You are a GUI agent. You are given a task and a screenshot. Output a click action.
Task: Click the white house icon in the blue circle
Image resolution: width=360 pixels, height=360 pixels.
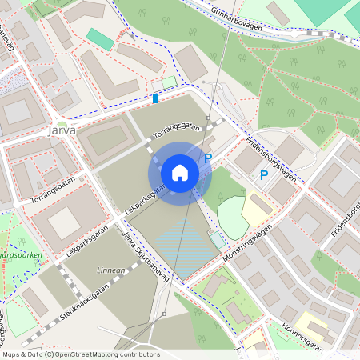coord(179,172)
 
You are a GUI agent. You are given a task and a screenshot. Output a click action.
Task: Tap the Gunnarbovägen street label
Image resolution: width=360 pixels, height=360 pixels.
coord(241,17)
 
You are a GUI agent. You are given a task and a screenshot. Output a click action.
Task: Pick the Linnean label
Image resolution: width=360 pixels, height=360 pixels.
coord(110,271)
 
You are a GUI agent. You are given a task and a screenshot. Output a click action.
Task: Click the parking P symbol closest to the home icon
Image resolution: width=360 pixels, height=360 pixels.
coord(207,158)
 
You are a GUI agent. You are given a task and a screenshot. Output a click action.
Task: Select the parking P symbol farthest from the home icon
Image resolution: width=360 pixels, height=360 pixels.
coord(262,174)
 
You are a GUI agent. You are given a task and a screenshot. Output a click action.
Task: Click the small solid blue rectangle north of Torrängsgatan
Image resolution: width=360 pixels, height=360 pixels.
coord(155,98)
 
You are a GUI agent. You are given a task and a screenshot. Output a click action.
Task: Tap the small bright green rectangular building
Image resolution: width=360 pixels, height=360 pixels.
coord(100,38)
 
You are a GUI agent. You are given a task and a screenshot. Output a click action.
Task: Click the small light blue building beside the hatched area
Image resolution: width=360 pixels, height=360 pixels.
coord(217,239)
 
